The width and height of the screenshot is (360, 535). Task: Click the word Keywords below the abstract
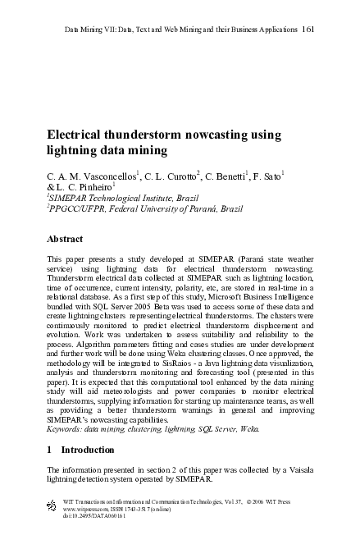click(x=66, y=428)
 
